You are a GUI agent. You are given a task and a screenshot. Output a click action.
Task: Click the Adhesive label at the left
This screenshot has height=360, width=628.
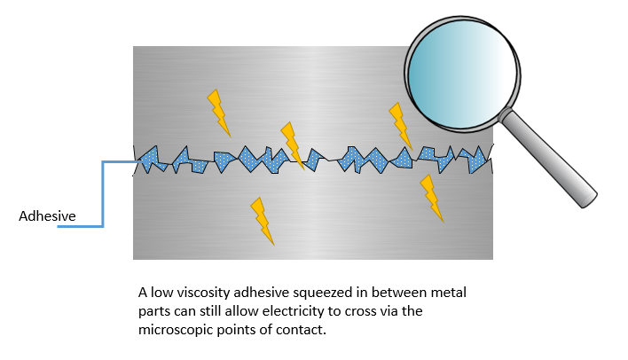click(x=47, y=215)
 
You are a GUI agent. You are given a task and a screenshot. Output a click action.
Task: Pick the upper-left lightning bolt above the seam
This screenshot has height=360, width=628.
click(x=218, y=112)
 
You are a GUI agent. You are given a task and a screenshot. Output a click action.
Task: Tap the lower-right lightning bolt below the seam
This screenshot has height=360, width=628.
click(x=431, y=198)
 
